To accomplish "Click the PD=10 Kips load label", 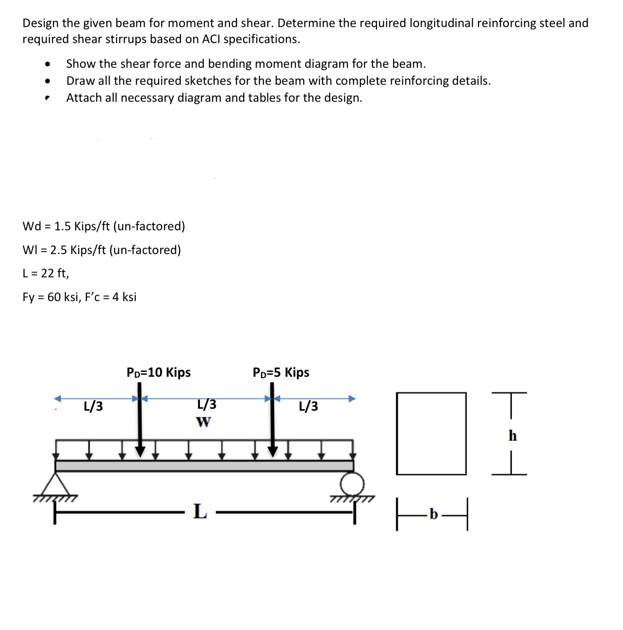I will (158, 372).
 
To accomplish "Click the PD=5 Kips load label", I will (280, 372).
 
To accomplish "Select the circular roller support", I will (352, 483).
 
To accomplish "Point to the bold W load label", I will (204, 422).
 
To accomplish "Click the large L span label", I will (200, 511).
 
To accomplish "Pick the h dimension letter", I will (512, 436).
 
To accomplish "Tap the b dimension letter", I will (433, 514).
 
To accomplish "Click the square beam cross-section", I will (431, 433).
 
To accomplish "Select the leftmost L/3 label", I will (93, 406).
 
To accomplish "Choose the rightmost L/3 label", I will (309, 406).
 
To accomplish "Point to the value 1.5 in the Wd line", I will (63, 226).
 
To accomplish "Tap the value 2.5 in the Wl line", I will (59, 250).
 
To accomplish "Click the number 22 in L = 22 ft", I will (48, 274).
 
